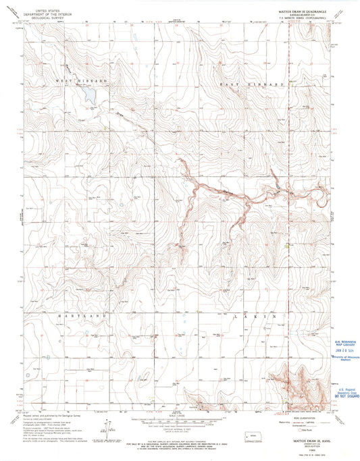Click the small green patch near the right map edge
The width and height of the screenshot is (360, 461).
[289, 246]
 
